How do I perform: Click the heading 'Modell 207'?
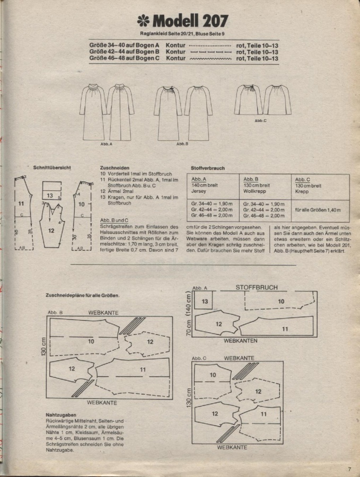pyautogui.click(x=190, y=21)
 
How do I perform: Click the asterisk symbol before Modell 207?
pyautogui.click(x=143, y=21)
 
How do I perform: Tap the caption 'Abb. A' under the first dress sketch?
pyautogui.click(x=106, y=144)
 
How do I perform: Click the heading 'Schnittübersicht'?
pyautogui.click(x=52, y=168)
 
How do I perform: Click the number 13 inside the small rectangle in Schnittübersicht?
pyautogui.click(x=49, y=196)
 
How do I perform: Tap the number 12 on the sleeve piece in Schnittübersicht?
pyautogui.click(x=51, y=231)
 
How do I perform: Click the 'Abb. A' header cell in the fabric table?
pyautogui.click(x=199, y=179)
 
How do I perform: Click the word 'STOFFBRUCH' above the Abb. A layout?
pyautogui.click(x=256, y=288)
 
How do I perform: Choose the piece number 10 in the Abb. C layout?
pyautogui.click(x=213, y=375)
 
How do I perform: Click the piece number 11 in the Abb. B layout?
pyautogui.click(x=143, y=369)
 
